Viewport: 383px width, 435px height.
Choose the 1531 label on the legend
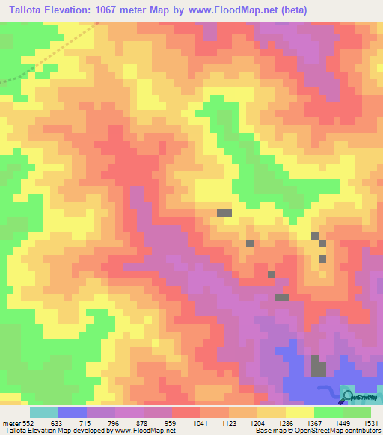pyautogui.click(x=371, y=422)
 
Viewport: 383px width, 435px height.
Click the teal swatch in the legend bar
pyautogui.click(x=44, y=412)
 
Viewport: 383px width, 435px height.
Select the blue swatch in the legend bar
pyautogui.click(x=73, y=412)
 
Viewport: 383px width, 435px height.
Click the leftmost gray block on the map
pyautogui.click(x=224, y=213)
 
